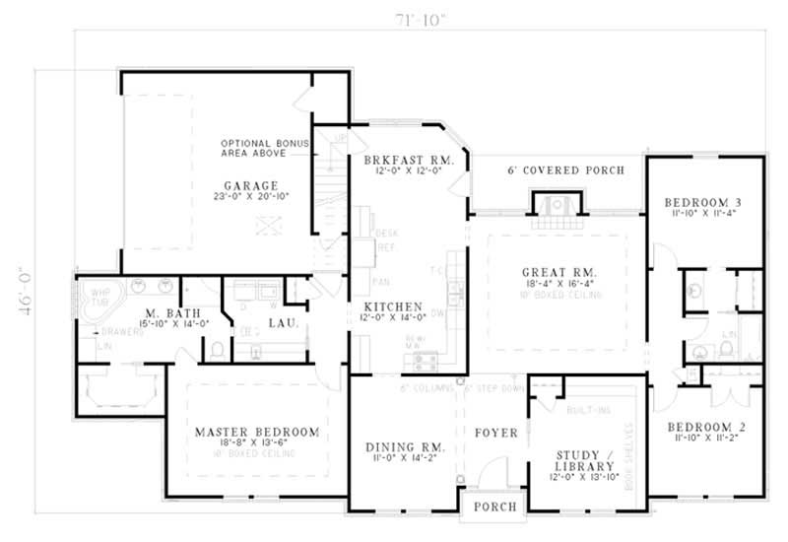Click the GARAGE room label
pyautogui.click(x=250, y=185)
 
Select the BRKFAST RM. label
pyautogui.click(x=408, y=160)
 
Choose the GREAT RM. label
pyautogui.click(x=559, y=271)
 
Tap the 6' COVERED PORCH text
pyautogui.click(x=566, y=170)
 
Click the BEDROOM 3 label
pyautogui.click(x=703, y=203)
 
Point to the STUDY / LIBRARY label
pyautogui.click(x=585, y=460)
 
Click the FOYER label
pyautogui.click(x=496, y=433)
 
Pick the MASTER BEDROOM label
pyautogui.click(x=256, y=433)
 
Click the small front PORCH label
pyautogui.click(x=494, y=507)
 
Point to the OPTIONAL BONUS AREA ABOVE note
pyautogui.click(x=264, y=149)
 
